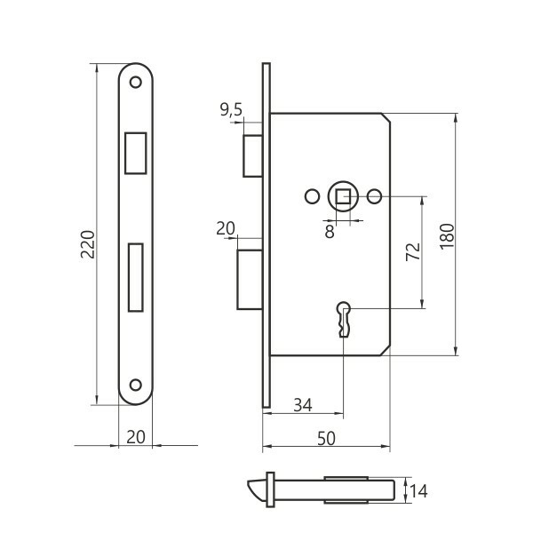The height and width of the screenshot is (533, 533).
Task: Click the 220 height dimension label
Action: (87, 244)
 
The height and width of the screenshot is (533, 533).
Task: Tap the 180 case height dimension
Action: (447, 236)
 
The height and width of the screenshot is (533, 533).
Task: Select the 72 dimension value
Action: (413, 252)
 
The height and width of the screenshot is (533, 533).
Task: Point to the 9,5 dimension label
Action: (231, 109)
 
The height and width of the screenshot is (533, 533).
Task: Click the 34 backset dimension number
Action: (303, 405)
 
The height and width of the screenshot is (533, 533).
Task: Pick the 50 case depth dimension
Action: (326, 439)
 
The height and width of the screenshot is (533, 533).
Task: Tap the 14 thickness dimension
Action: (418, 491)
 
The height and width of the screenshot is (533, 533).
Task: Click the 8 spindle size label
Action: (330, 232)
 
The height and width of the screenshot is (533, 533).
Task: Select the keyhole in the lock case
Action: (344, 319)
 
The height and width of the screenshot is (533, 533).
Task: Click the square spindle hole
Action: (343, 196)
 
